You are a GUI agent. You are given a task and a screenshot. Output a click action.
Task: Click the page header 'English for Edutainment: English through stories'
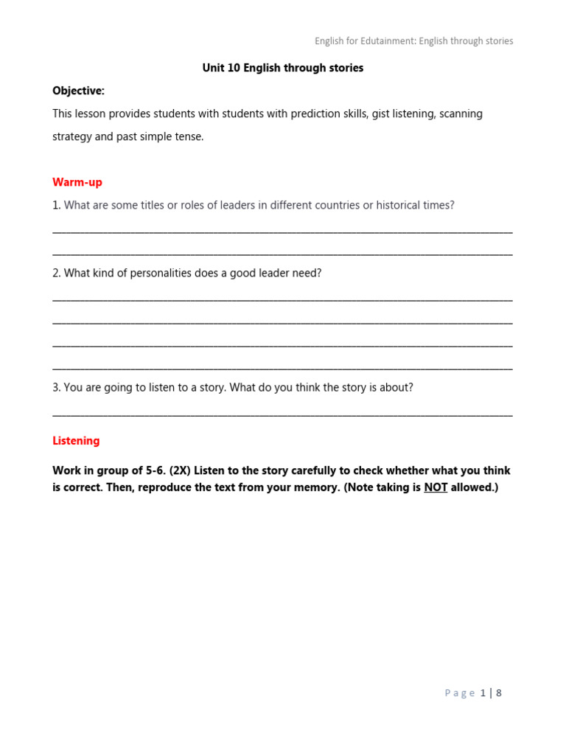click(413, 41)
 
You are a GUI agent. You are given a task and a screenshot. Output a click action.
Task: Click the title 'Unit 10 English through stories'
click(283, 68)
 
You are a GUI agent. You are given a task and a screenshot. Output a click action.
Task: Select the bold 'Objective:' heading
click(78, 91)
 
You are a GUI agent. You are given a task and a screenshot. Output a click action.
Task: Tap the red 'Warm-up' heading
click(77, 182)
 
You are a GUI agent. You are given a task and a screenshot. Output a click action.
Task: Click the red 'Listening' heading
click(76, 441)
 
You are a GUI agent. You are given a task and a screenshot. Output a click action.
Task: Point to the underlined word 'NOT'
click(436, 488)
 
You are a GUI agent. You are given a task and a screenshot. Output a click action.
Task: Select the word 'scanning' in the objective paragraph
click(461, 114)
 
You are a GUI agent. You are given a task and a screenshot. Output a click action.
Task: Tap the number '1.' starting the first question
click(57, 205)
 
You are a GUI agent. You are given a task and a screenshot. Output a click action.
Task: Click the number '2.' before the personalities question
click(57, 273)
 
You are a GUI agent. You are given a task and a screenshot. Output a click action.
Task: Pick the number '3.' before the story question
click(57, 387)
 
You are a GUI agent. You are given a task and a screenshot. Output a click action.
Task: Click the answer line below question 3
click(283, 415)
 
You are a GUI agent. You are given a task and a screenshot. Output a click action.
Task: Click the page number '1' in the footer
click(483, 693)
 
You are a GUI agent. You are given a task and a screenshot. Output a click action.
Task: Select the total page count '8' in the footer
click(499, 693)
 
